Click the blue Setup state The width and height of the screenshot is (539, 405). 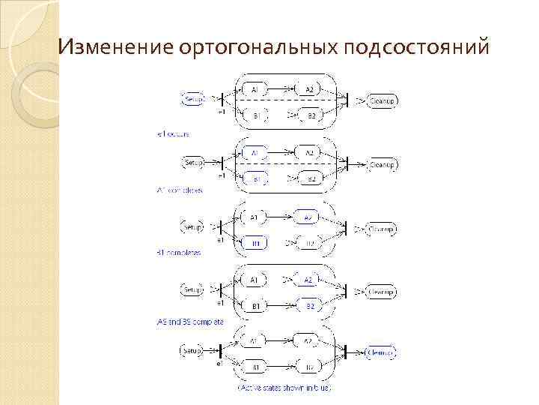point(193,98)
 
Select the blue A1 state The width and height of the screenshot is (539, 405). point(255,152)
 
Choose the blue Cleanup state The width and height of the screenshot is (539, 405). point(381,351)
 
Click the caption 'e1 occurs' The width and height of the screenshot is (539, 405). point(173,134)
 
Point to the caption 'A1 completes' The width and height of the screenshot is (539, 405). point(180,190)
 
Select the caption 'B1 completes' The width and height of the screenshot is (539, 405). point(179,253)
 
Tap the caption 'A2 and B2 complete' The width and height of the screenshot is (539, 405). point(191,321)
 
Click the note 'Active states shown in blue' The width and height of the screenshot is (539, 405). point(284,388)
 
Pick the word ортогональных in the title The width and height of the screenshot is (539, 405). point(258,48)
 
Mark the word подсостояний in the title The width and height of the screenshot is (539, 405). point(417,48)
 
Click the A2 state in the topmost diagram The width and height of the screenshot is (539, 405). point(309,90)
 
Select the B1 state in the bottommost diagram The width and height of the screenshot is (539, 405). point(255,367)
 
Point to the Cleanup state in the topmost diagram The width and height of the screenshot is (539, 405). point(383,100)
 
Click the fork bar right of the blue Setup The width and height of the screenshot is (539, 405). point(222,98)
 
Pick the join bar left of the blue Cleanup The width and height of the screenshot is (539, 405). point(346,351)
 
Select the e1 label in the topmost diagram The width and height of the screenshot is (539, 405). point(221,112)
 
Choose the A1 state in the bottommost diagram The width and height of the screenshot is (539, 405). point(255,341)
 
